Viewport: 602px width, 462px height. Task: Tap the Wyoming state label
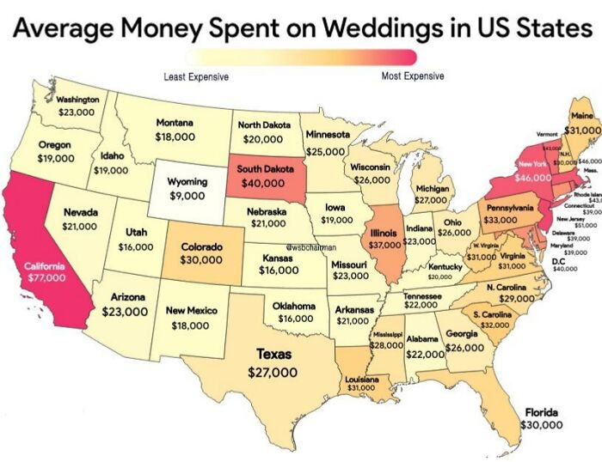point(186,182)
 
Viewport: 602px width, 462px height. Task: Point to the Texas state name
point(273,354)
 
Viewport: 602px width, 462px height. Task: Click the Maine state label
point(581,116)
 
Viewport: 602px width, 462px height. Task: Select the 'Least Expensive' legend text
point(195,77)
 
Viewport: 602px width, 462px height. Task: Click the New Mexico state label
point(191,310)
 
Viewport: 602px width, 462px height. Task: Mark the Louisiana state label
point(362,379)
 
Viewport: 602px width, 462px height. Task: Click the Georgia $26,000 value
point(465,348)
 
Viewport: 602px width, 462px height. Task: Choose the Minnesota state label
point(329,136)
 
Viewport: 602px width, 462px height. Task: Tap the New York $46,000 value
point(533,177)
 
